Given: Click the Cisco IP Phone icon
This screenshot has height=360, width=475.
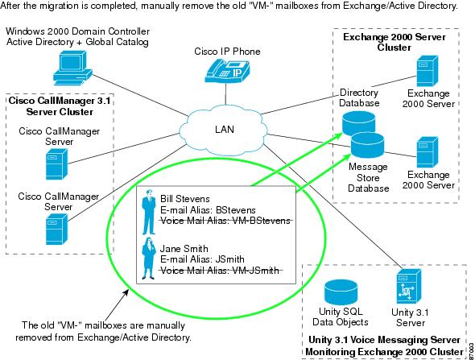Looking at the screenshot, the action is pyautogui.click(x=227, y=71).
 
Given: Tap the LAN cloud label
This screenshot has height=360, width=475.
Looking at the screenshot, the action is pyautogui.click(x=225, y=130).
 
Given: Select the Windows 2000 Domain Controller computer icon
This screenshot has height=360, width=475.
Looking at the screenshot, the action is pyautogui.click(x=72, y=68).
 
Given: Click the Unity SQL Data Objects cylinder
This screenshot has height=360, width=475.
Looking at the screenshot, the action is pyautogui.click(x=341, y=292).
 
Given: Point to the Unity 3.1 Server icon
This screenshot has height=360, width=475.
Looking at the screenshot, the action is pyautogui.click(x=409, y=286).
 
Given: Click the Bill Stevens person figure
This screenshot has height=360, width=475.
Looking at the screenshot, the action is pyautogui.click(x=149, y=212).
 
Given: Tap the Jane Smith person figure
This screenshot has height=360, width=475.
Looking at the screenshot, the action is pyautogui.click(x=148, y=259).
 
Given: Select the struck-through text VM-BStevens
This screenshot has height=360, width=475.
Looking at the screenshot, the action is pyautogui.click(x=261, y=221).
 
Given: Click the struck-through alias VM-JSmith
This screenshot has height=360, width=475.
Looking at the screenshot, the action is pyautogui.click(x=255, y=271).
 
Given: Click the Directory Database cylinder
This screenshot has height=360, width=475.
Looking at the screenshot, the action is pyautogui.click(x=358, y=124).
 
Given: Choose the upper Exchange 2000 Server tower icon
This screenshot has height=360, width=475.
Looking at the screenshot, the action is pyautogui.click(x=427, y=71).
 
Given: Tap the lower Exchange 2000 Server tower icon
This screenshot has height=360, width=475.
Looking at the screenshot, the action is pyautogui.click(x=427, y=152).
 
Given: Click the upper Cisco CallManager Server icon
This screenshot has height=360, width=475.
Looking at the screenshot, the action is pyautogui.click(x=56, y=164).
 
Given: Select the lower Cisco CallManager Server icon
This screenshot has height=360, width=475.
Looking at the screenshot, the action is pyautogui.click(x=56, y=229).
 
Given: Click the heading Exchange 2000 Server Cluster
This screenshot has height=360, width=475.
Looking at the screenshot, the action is pyautogui.click(x=394, y=42).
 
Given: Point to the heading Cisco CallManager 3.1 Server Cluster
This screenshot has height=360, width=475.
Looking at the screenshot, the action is pyautogui.click(x=60, y=106).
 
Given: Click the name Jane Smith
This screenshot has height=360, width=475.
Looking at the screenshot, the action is pyautogui.click(x=184, y=249).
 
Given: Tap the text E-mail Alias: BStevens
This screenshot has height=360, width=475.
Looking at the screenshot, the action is pyautogui.click(x=208, y=210).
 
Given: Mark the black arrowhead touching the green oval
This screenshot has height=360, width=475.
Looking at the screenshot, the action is pyautogui.click(x=126, y=292).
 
